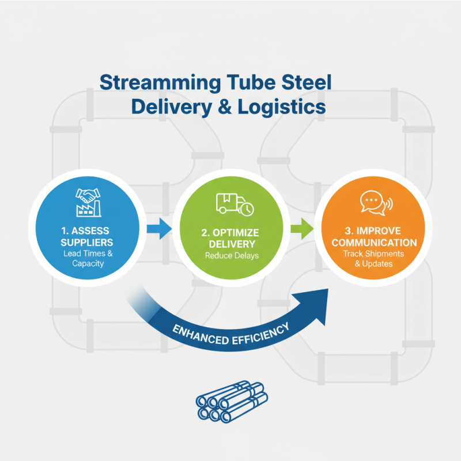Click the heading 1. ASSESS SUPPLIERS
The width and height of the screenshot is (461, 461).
[86, 236]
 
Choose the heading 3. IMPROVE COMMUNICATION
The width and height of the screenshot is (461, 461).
[374, 237]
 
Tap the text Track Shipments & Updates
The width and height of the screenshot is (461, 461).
[374, 259]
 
